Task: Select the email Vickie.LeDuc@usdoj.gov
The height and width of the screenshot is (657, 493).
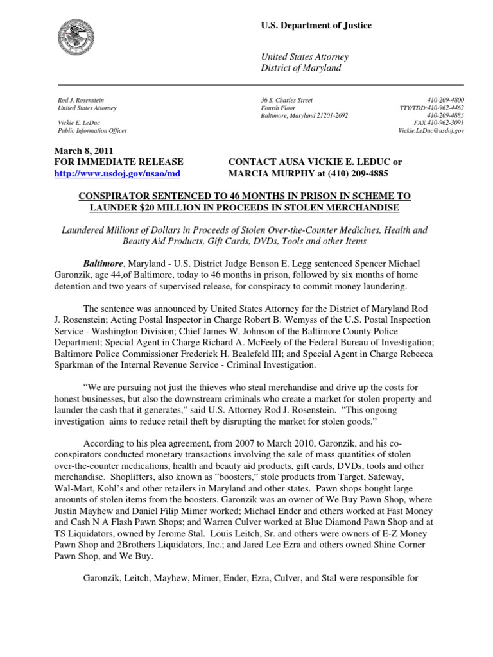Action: tap(431, 131)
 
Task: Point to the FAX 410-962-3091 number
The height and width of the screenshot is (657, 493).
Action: tap(439, 123)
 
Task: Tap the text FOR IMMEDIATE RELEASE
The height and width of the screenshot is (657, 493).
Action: tap(119, 162)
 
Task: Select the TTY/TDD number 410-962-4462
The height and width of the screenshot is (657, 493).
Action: tap(446, 108)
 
